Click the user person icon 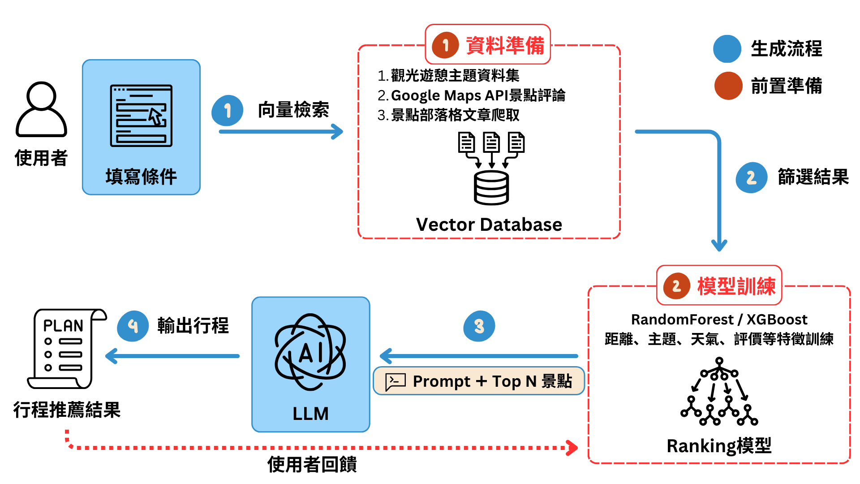tap(41, 110)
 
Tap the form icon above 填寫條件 tap(141, 116)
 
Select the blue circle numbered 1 tap(228, 110)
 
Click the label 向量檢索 tap(293, 110)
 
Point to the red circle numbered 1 tap(445, 45)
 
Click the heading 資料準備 tap(505, 45)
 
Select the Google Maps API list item tap(471, 95)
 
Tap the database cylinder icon tap(491, 188)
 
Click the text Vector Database tap(489, 225)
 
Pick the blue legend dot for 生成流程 tap(727, 49)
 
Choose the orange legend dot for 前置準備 tap(728, 86)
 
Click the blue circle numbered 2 tap(751, 177)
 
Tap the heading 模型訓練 tap(736, 286)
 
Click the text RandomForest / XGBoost tap(719, 320)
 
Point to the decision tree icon tap(719, 391)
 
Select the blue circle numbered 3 tap(479, 326)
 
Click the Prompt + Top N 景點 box tap(479, 381)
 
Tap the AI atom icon tap(310, 352)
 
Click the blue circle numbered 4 tap(133, 326)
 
